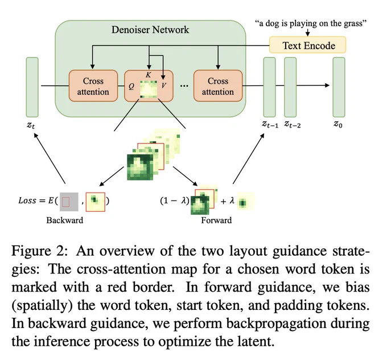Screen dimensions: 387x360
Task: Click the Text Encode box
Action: coord(307,45)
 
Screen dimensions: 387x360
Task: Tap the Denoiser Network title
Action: coord(150,30)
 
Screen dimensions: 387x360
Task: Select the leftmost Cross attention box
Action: coord(93,86)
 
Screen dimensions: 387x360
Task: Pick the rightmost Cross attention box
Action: coord(218,86)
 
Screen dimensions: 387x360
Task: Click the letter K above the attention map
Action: coord(149,75)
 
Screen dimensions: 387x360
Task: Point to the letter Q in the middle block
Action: coord(131,86)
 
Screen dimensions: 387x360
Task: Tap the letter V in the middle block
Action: coord(164,85)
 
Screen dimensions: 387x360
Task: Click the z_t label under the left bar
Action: coord(31,125)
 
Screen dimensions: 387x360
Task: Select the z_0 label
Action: coord(338,124)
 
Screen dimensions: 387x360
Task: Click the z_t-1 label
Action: coord(270,124)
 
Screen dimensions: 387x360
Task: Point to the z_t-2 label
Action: coord(293,124)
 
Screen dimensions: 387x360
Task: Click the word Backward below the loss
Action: coord(65,220)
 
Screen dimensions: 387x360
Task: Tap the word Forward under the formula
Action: coord(216,220)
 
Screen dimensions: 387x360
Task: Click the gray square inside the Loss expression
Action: coord(69,202)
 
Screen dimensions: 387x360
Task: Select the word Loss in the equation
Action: coord(27,201)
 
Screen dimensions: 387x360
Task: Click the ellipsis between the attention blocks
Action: coord(184,86)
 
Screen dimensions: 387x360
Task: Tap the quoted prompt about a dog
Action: coord(311,23)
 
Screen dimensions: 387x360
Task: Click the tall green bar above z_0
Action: coord(339,87)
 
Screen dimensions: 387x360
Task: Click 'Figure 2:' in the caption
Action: coord(39,251)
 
